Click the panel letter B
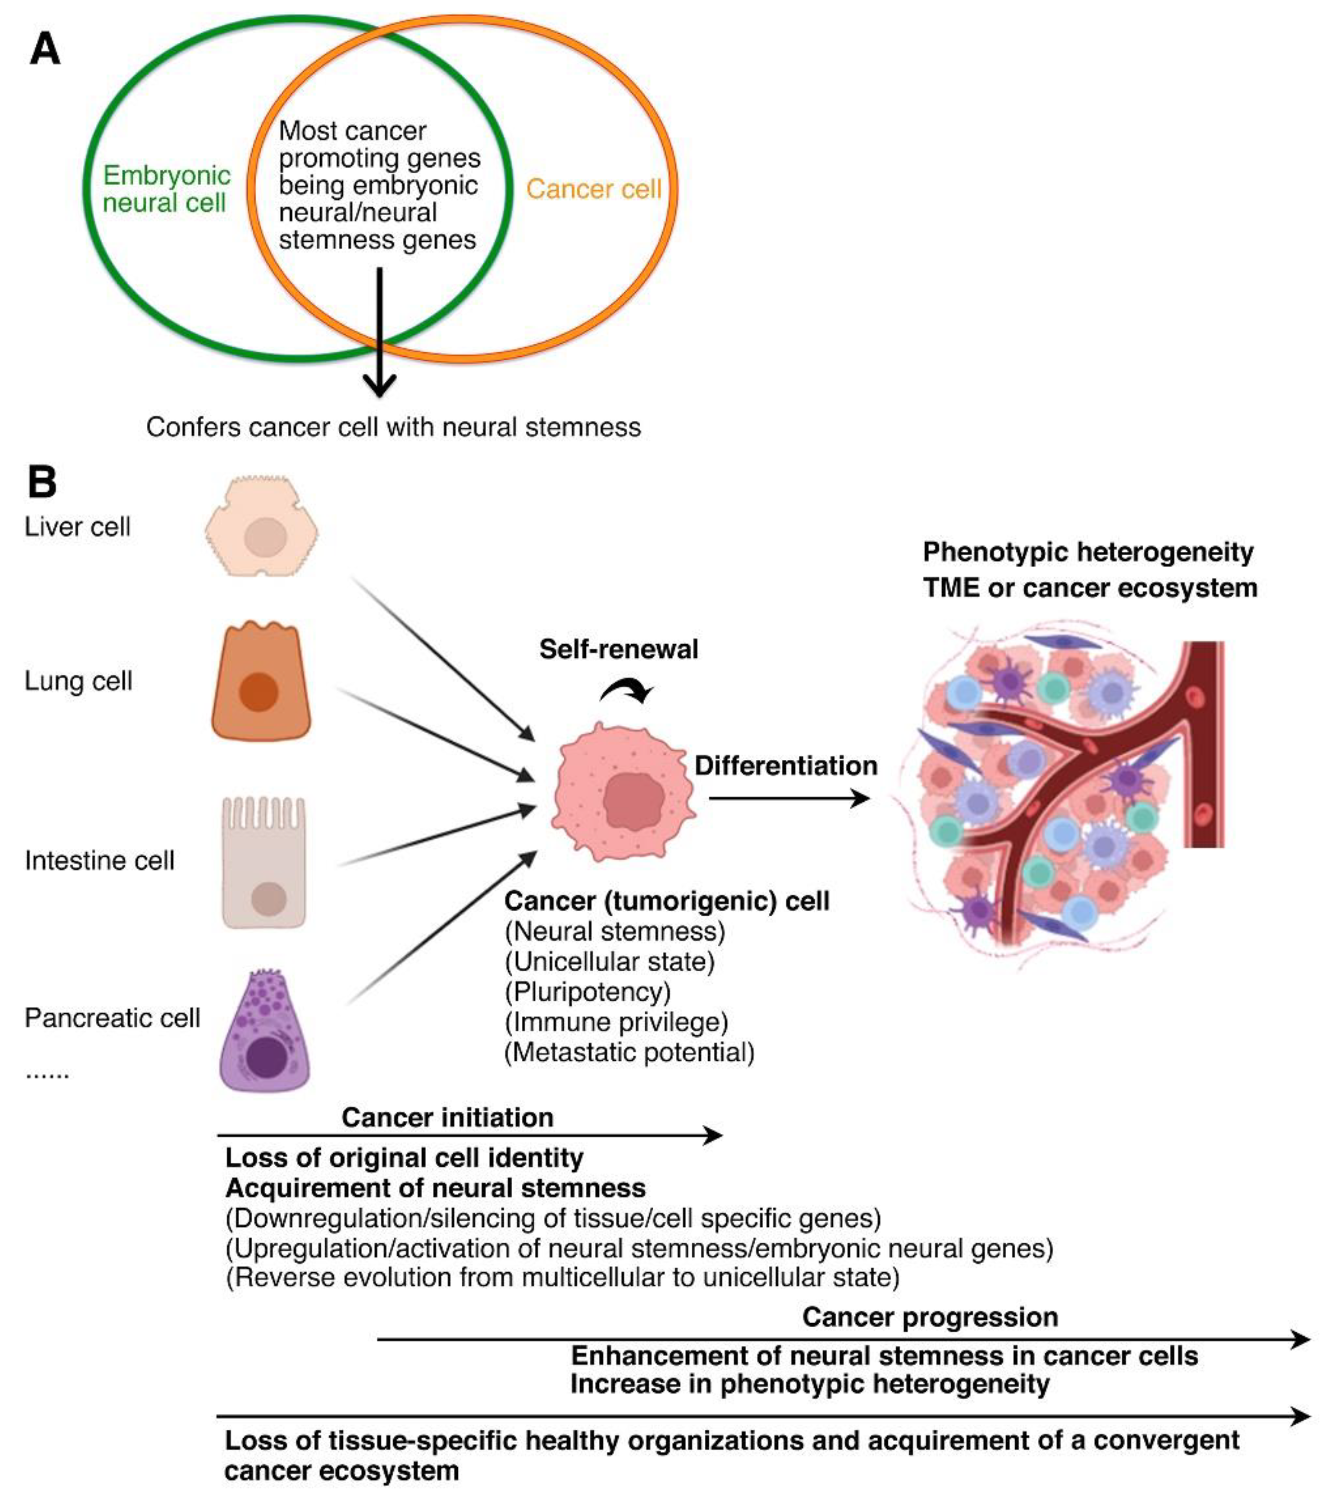(x=42, y=482)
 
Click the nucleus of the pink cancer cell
(x=634, y=800)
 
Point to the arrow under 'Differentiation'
(x=789, y=799)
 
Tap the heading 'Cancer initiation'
(x=447, y=1118)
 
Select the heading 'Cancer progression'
(x=930, y=1317)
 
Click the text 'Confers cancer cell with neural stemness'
(x=393, y=427)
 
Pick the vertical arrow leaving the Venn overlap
(x=379, y=330)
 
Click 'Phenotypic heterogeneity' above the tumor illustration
(x=1087, y=551)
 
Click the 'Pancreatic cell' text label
(x=112, y=1018)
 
